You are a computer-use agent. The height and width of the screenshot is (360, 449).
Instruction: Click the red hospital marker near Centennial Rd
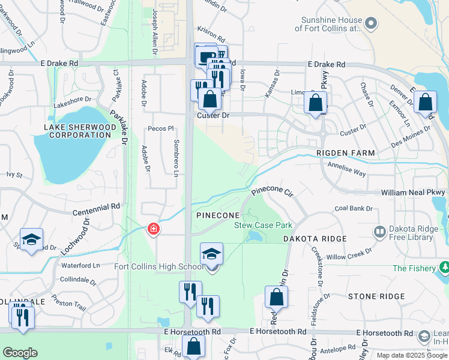click(x=154, y=229)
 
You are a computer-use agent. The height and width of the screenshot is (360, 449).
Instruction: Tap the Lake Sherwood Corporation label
click(x=77, y=131)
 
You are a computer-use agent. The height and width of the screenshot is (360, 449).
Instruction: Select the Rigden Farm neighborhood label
click(x=346, y=153)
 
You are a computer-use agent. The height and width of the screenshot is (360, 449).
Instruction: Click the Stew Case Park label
click(x=263, y=225)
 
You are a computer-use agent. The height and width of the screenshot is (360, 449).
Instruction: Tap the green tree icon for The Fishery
click(x=444, y=266)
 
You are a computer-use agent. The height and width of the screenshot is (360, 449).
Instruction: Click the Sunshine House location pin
click(x=371, y=23)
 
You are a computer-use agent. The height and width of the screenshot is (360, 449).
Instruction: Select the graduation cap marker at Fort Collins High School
click(x=211, y=254)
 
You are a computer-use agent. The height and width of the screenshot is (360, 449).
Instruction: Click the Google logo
click(x=20, y=352)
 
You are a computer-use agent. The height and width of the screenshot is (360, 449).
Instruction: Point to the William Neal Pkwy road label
click(x=414, y=193)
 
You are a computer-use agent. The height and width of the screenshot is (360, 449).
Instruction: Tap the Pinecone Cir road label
click(x=271, y=193)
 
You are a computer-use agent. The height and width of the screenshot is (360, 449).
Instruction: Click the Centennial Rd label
click(x=96, y=209)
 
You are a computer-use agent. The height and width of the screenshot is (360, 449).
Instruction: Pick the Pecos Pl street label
click(x=161, y=128)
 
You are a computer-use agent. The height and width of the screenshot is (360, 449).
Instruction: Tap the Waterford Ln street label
click(x=80, y=265)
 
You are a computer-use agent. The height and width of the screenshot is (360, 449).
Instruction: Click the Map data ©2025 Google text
click(x=411, y=355)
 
